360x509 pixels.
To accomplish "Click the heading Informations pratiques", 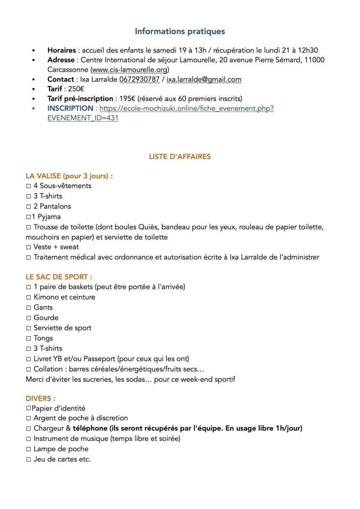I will pos(180,31).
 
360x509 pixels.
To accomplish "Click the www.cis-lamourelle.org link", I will pos(130,69).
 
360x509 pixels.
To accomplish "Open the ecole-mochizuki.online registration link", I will pos(186,109).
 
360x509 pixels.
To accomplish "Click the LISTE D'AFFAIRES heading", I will pos(180,157).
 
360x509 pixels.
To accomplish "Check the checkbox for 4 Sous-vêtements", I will pos(28,186).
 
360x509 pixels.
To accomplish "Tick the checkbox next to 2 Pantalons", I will pos(28,207).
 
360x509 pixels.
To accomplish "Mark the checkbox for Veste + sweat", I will pos(28,247).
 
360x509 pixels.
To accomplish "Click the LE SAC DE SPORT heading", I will pos(59,277).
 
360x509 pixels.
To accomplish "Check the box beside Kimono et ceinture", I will pos(28,297).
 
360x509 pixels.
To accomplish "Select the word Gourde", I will pos(46,318).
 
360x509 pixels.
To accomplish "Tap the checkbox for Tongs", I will pos(28,338).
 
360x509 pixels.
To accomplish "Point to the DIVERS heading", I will pos(40,399).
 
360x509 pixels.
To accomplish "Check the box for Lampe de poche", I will pos(28,449).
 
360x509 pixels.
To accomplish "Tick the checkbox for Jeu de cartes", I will pos(28,459).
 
